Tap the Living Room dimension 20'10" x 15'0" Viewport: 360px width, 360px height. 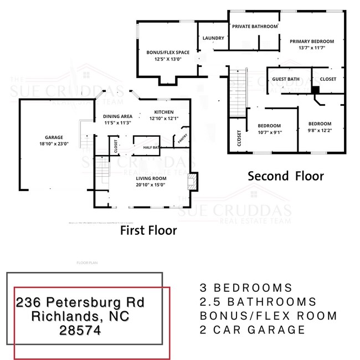tap(151, 185)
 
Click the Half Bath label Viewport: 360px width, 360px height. tap(151, 147)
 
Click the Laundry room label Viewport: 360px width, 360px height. tap(213, 38)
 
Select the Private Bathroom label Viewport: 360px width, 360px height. tap(255, 26)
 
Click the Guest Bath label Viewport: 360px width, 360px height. tap(286, 79)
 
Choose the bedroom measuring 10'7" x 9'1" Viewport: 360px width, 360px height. tap(269, 126)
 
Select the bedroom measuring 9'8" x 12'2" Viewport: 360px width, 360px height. tap(320, 124)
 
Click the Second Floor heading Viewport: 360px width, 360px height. tap(285, 176)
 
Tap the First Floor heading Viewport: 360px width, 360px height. tap(148, 230)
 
